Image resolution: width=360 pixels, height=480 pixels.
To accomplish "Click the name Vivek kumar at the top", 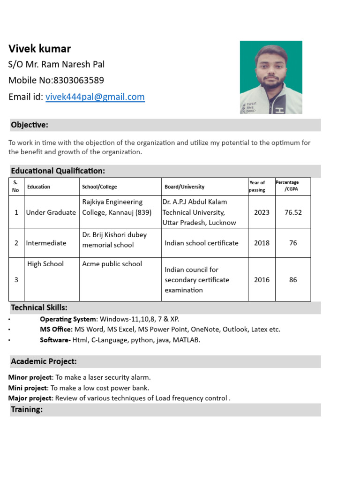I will [40, 49].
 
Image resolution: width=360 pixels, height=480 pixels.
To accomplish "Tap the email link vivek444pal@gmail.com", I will [95, 97].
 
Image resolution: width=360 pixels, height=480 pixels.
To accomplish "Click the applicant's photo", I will [271, 77].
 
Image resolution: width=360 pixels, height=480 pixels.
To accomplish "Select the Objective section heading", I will [30, 125].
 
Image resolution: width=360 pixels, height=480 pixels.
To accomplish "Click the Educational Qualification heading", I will [58, 171].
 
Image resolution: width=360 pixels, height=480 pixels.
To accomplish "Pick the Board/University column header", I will [184, 187].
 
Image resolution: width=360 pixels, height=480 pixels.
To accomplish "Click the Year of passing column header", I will [257, 186].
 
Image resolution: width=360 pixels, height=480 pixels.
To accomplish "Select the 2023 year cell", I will [262, 212].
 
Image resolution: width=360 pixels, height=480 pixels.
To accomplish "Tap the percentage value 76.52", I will [293, 212].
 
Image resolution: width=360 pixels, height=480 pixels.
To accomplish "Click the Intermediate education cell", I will [46, 243].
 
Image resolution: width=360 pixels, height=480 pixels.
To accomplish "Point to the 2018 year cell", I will [262, 243].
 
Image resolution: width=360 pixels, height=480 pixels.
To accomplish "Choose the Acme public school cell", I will [112, 264].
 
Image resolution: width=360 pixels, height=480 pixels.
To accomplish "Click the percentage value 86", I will [293, 280].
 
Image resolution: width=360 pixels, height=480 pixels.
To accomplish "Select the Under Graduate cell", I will [51, 212].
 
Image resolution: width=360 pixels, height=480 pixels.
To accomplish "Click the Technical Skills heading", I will [39, 307].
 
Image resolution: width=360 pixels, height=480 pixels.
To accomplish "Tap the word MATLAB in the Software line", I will [186, 340].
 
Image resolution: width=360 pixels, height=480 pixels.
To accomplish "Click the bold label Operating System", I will [68, 319].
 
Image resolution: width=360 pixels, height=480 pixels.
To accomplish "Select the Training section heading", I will [27, 410].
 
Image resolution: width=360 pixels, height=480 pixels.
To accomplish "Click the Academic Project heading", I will [44, 361].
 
